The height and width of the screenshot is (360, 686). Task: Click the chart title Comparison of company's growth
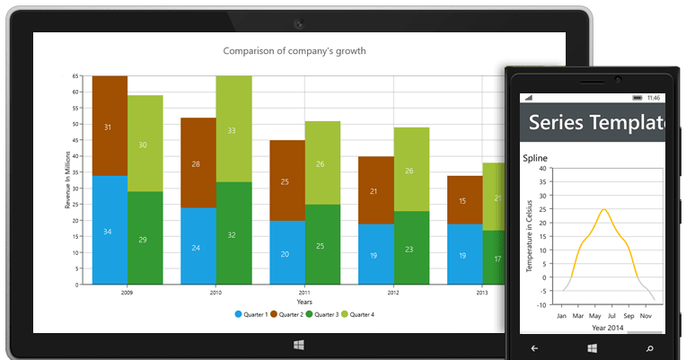[294, 51]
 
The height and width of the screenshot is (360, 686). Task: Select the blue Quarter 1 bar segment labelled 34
[110, 231]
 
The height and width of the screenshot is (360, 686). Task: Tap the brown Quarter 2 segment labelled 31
[110, 127]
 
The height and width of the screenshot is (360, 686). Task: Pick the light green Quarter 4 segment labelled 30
[144, 144]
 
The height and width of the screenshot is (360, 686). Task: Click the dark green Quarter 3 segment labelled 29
[144, 239]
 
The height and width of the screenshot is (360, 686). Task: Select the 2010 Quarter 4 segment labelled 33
[232, 129]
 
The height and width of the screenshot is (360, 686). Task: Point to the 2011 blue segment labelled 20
[286, 253]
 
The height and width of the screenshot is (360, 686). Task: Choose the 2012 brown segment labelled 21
[374, 190]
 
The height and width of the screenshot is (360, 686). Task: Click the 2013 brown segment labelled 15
[462, 200]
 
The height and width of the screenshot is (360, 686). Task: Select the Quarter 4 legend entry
[357, 314]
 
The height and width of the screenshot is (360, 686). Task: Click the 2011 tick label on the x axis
[303, 293]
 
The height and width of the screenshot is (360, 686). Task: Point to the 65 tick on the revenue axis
[76, 76]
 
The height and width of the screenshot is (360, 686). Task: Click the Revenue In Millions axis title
[67, 180]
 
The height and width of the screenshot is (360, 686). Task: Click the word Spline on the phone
[536, 158]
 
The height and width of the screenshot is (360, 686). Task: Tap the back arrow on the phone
[534, 347]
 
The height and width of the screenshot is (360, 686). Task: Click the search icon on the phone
[649, 347]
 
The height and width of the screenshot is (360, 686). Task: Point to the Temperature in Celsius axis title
[530, 235]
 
